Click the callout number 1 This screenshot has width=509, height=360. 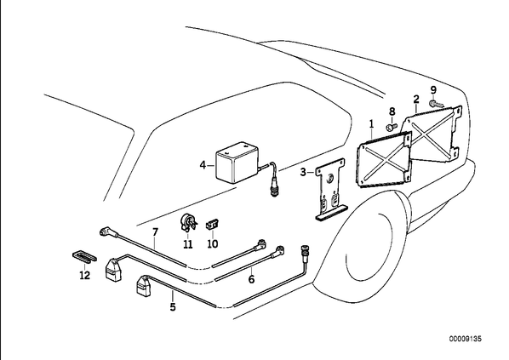pyautogui.click(x=372, y=123)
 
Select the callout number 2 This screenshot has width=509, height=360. pyautogui.click(x=416, y=99)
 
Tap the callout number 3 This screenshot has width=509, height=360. pyautogui.click(x=303, y=172)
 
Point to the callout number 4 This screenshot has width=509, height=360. pyautogui.click(x=203, y=165)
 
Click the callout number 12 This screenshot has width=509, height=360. pyautogui.click(x=84, y=276)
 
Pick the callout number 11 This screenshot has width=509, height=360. pyautogui.click(x=187, y=243)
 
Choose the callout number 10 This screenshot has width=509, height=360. pyautogui.click(x=213, y=243)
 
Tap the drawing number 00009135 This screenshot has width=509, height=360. pyautogui.click(x=466, y=339)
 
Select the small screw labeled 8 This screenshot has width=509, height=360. pyautogui.click(x=392, y=126)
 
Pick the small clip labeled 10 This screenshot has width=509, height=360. pyautogui.click(x=212, y=225)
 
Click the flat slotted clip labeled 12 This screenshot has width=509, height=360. pyautogui.click(x=84, y=257)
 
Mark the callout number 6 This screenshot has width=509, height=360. pyautogui.click(x=252, y=278)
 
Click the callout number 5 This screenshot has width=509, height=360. pyautogui.click(x=173, y=306)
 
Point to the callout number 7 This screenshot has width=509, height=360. pyautogui.click(x=155, y=231)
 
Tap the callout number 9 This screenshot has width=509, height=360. pyautogui.click(x=433, y=90)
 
